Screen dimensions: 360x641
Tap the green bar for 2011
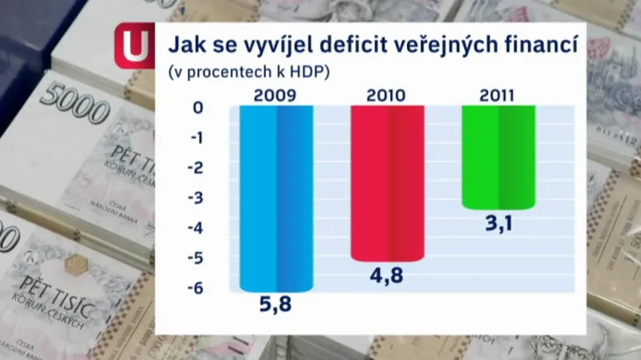point(498,157)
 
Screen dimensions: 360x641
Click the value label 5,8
point(276,305)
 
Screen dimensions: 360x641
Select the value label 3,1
point(498,224)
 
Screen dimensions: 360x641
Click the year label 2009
point(276,95)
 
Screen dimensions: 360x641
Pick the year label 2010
point(386,95)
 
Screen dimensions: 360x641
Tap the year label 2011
point(498,95)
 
